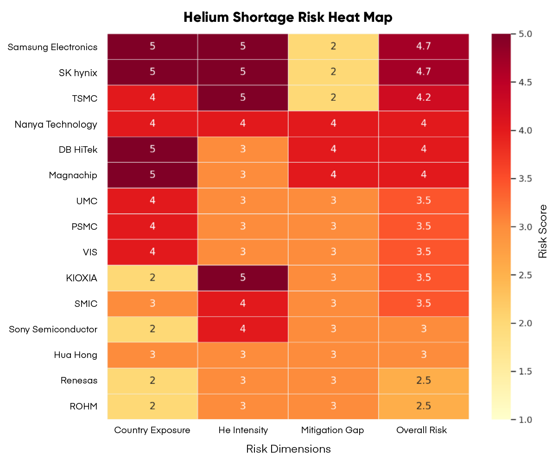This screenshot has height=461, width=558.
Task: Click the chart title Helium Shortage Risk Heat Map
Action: point(288,17)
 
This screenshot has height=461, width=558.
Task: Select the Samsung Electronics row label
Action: point(52,47)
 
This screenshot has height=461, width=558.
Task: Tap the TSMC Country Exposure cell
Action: point(152,98)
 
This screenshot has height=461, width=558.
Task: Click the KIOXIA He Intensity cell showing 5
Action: point(243,278)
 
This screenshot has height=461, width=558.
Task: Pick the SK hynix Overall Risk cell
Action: point(424,72)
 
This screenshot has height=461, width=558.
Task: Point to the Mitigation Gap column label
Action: point(332,430)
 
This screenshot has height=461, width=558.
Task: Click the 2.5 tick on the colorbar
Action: point(523,275)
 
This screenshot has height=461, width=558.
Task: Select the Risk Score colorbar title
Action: point(543,231)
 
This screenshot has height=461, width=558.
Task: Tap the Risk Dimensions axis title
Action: point(288,449)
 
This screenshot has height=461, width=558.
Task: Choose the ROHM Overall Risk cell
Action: point(424,406)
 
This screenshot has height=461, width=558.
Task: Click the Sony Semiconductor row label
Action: point(53,329)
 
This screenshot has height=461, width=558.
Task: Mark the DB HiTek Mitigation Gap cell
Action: point(333,149)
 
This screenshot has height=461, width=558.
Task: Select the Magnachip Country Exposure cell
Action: point(152,175)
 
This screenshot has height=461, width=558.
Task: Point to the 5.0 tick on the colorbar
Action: point(523,34)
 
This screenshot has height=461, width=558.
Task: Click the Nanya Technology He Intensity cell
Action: point(243,123)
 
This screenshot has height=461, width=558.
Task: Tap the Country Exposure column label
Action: point(152,430)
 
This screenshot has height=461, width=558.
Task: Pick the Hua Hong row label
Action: point(75,355)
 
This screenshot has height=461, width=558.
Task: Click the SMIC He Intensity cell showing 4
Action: point(243,304)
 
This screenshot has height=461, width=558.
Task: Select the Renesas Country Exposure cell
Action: point(152,381)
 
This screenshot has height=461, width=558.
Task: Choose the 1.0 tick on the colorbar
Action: point(523,420)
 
